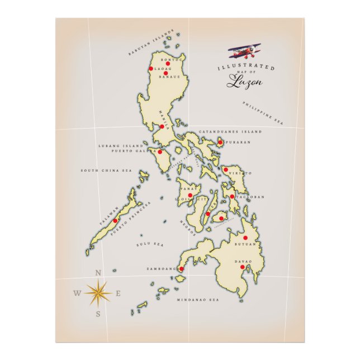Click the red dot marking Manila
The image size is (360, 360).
click(x=162, y=126)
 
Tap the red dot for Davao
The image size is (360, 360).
click(x=242, y=267)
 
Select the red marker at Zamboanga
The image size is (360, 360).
click(x=181, y=269)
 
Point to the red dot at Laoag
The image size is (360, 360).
click(x=151, y=69)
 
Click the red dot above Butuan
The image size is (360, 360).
click(x=245, y=238)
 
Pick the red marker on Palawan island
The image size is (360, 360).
click(x=115, y=220)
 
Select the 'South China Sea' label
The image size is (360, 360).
click(x=106, y=170)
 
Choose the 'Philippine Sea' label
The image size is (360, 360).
click(x=263, y=112)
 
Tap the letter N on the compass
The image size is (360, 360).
click(x=98, y=273)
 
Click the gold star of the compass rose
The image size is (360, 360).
click(x=98, y=292)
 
